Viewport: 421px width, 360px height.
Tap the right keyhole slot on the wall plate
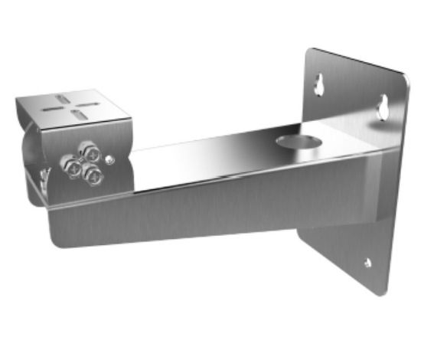pos(383,108)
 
